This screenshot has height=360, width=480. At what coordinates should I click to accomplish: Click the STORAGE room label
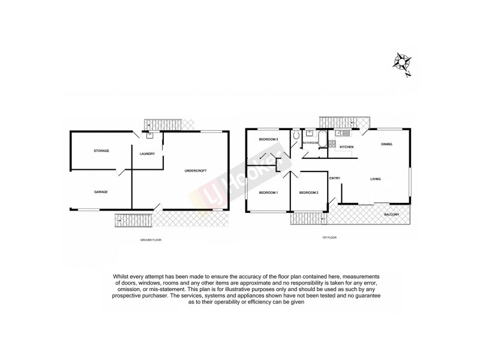click(101, 151)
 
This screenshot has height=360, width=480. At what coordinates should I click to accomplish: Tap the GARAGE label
click(100, 192)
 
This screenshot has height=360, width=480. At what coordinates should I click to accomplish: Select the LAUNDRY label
click(148, 154)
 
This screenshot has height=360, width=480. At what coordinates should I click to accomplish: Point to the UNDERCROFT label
click(196, 172)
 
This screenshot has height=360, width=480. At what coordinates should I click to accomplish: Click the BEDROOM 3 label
click(268, 139)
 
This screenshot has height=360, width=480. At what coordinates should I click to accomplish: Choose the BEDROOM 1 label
click(268, 193)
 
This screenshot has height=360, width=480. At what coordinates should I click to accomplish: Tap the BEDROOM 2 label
click(308, 193)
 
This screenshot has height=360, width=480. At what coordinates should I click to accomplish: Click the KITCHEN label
click(347, 147)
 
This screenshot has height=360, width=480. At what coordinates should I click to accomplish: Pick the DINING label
click(386, 145)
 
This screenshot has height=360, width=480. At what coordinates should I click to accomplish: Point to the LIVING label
click(376, 179)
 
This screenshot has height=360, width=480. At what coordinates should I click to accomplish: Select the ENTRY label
click(334, 178)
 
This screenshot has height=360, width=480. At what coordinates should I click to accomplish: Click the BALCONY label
click(392, 213)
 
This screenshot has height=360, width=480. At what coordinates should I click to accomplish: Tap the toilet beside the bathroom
click(296, 137)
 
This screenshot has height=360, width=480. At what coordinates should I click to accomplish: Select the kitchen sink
click(340, 133)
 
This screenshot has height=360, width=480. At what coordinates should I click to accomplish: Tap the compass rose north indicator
click(401, 62)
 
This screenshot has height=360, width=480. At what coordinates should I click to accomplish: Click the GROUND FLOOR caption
click(151, 240)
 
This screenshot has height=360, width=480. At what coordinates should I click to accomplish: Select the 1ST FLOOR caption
click(329, 237)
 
